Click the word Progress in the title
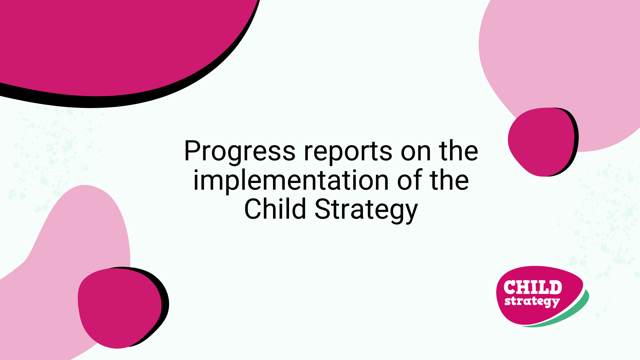[x=240, y=152]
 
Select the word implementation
[x=291, y=180]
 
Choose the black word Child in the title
[x=275, y=209]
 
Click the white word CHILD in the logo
[x=533, y=287]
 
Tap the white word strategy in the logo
[x=532, y=302]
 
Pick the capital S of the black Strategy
[x=323, y=209]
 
